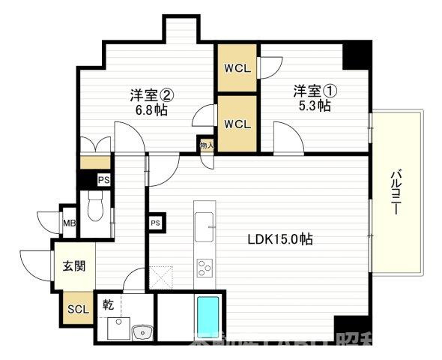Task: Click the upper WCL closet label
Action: pyautogui.click(x=237, y=67)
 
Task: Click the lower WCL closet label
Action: pyautogui.click(x=237, y=122)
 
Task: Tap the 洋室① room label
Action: pyautogui.click(x=315, y=91)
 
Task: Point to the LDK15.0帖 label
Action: pyautogui.click(x=281, y=240)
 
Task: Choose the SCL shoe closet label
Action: pyautogui.click(x=77, y=309)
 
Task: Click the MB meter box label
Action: pyautogui.click(x=69, y=223)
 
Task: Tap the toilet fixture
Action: pyautogui.click(x=95, y=205)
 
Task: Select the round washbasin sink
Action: pyautogui.click(x=139, y=331)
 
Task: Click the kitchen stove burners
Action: pyautogui.click(x=204, y=268)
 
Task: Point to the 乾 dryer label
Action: pyautogui.click(x=109, y=304)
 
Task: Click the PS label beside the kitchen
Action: pyautogui.click(x=156, y=223)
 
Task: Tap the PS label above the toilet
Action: pyautogui.click(x=104, y=180)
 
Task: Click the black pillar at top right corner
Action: pyautogui.click(x=357, y=53)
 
